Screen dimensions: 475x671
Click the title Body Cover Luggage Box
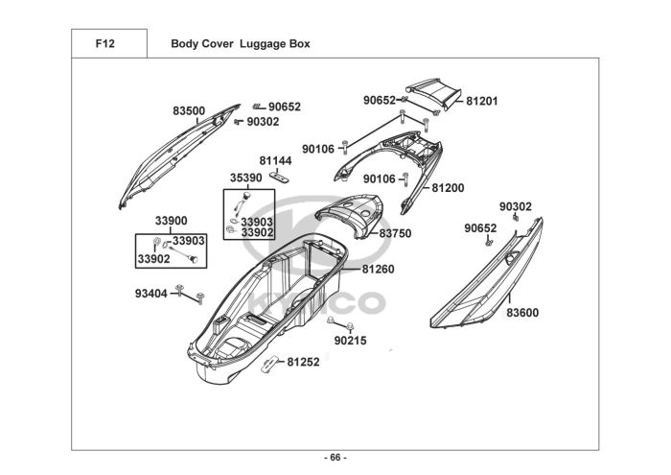pyautogui.click(x=240, y=44)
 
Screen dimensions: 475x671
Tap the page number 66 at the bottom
pyautogui.click(x=335, y=457)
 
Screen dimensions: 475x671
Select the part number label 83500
pyautogui.click(x=189, y=111)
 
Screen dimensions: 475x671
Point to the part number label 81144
pyautogui.click(x=275, y=161)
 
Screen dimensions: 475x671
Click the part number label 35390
pyautogui.click(x=245, y=178)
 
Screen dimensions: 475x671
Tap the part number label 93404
pyautogui.click(x=150, y=293)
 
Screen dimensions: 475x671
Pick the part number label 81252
pyautogui.click(x=303, y=362)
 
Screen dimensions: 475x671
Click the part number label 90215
pyautogui.click(x=350, y=341)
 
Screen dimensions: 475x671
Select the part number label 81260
pyautogui.click(x=378, y=270)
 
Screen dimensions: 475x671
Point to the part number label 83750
pyautogui.click(x=395, y=233)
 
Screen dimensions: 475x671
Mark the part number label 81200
pyautogui.click(x=447, y=188)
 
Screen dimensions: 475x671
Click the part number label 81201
pyautogui.click(x=483, y=101)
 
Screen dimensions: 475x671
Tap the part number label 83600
pyautogui.click(x=523, y=312)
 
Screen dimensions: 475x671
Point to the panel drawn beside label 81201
pyautogui.click(x=436, y=91)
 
